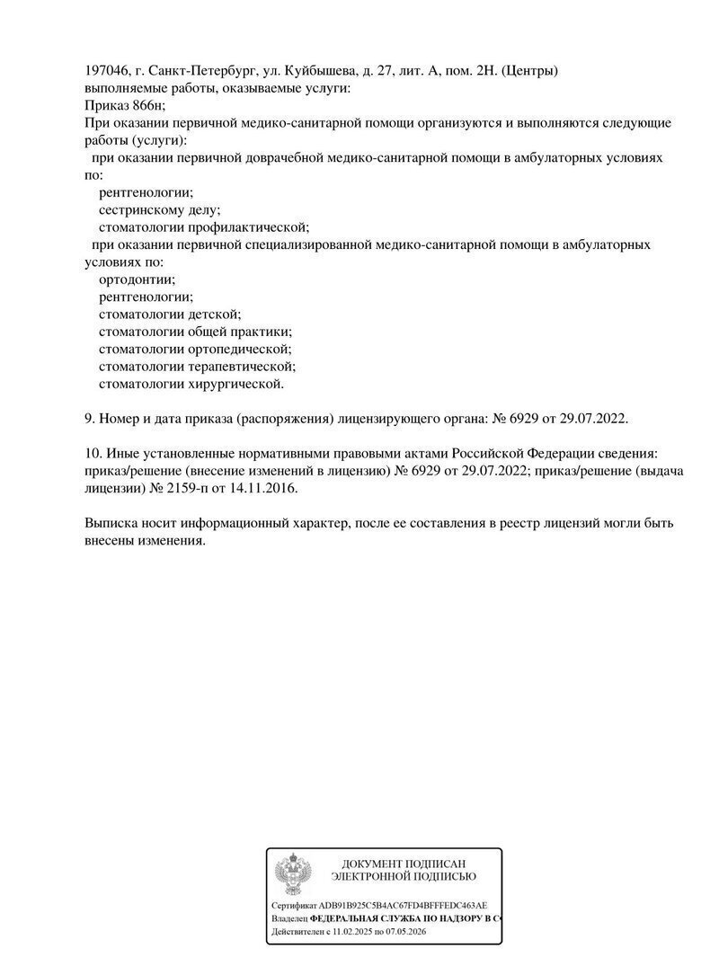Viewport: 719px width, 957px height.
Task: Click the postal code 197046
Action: coord(105,70)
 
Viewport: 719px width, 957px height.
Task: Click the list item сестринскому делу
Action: coord(159,209)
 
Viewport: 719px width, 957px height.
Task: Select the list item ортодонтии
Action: coord(137,279)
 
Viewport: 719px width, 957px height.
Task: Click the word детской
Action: coord(213,314)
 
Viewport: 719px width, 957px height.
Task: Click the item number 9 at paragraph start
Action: coord(88,419)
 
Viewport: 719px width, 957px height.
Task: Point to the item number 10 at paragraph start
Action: coord(92,455)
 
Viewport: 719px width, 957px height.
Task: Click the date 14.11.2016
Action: coord(265,489)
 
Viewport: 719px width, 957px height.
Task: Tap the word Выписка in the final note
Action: coord(111,524)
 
